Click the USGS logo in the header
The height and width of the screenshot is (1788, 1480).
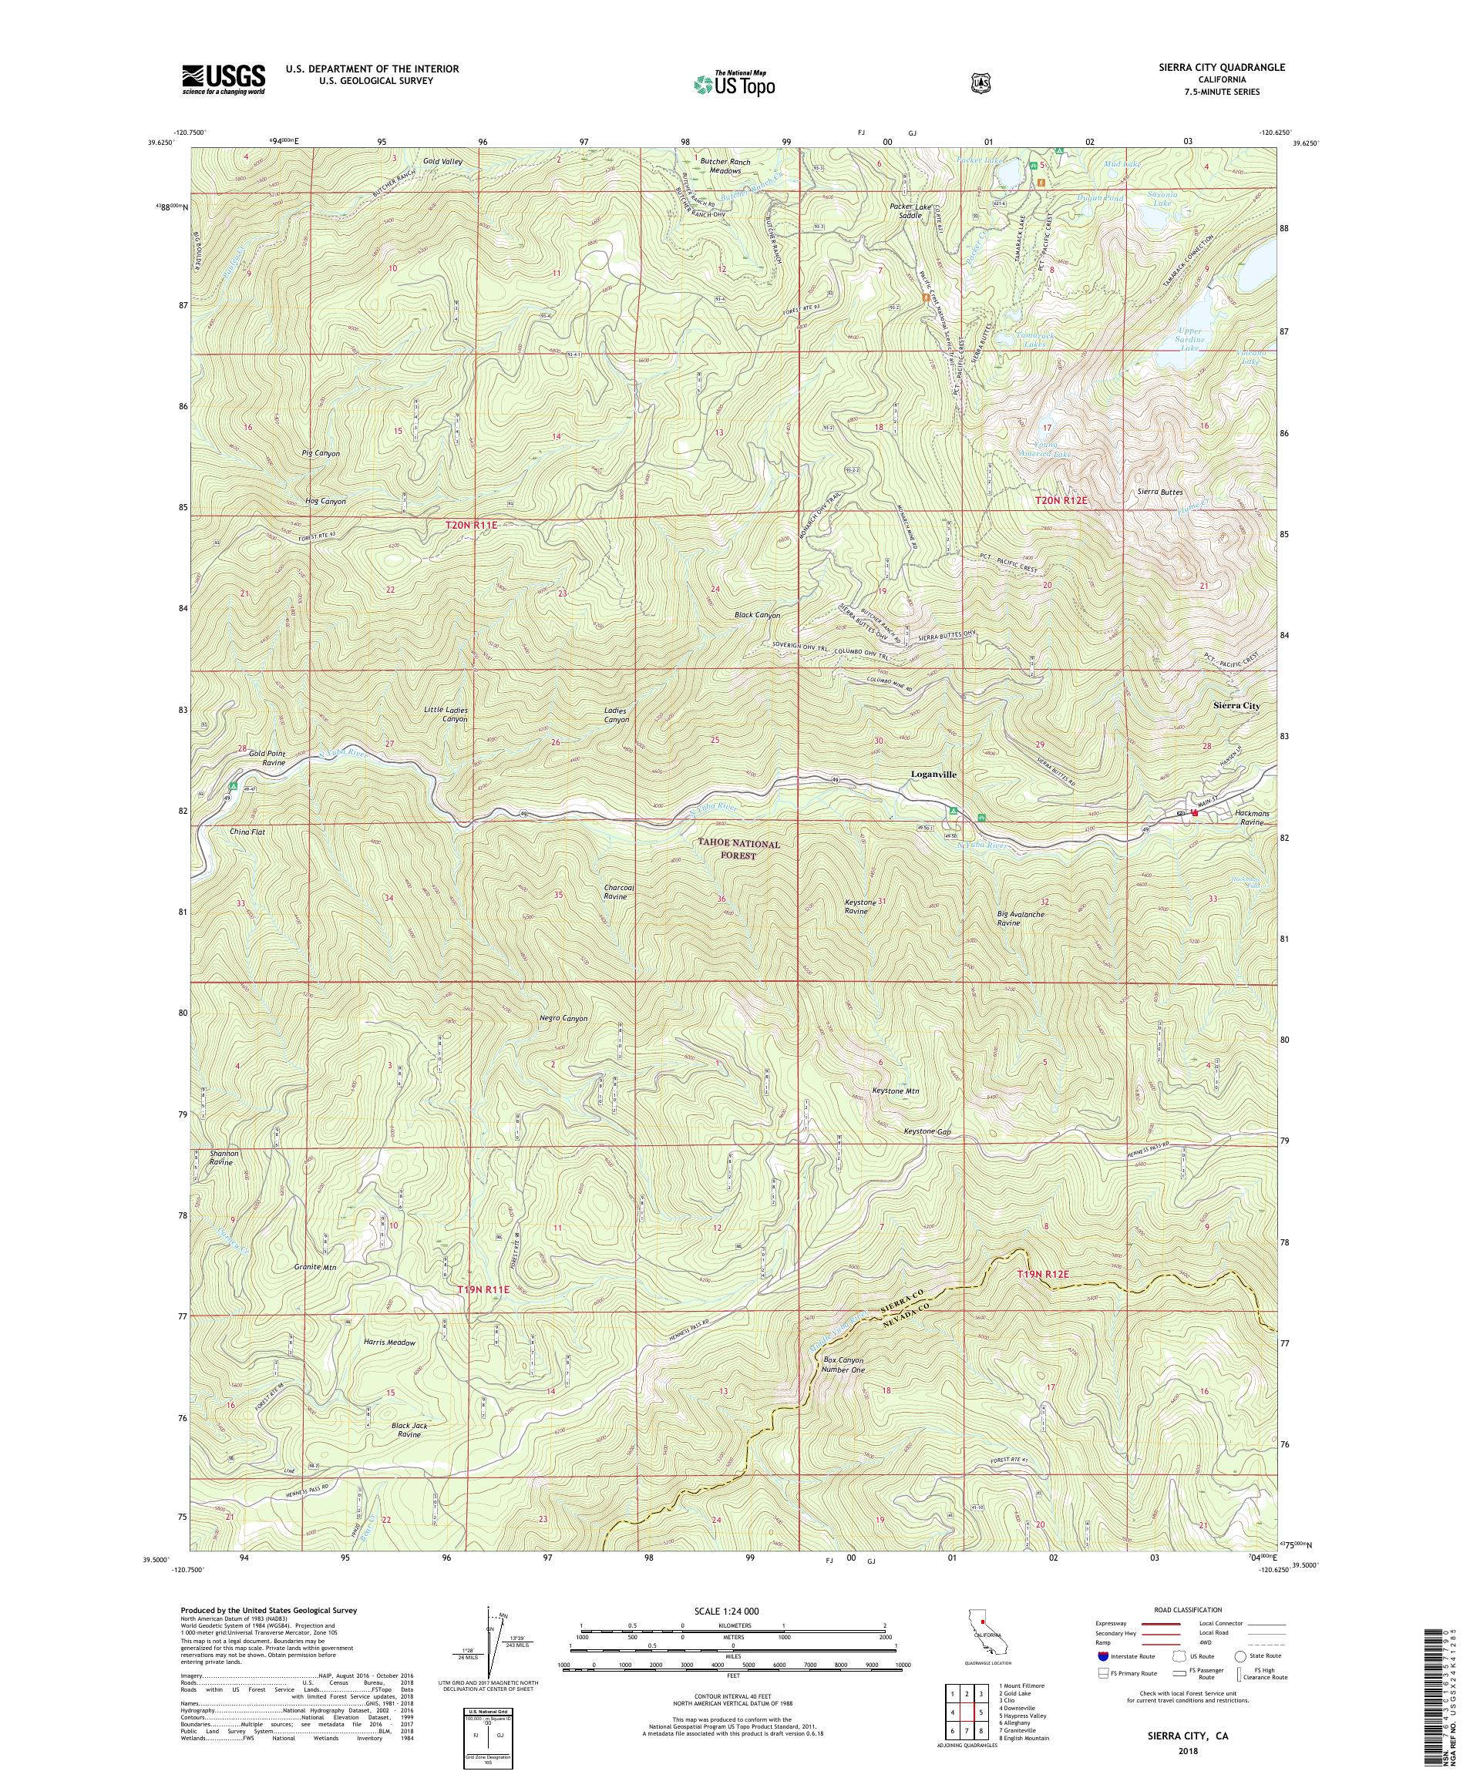coord(223,80)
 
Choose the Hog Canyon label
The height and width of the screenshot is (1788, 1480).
coord(319,502)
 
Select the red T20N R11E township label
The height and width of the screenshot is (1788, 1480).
coord(471,527)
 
